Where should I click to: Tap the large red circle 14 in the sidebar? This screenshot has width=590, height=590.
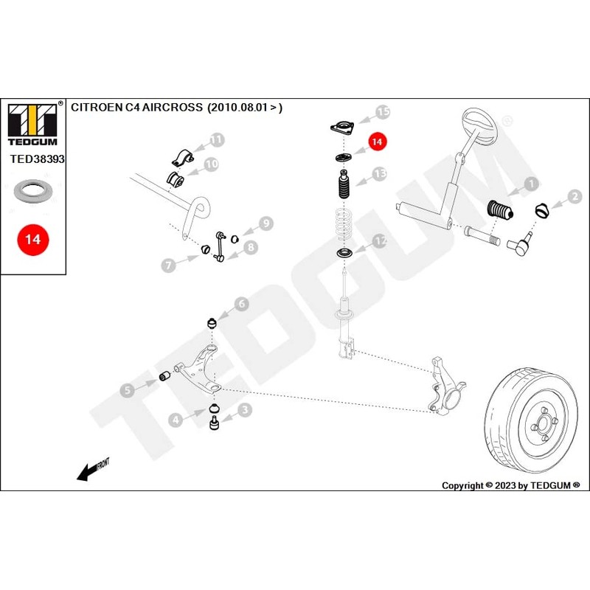pyautogui.click(x=32, y=240)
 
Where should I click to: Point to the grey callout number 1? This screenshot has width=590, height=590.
pyautogui.click(x=529, y=184)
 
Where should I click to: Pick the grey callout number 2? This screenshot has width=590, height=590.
pyautogui.click(x=574, y=197)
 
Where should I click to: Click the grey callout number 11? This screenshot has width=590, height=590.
pyautogui.click(x=215, y=139)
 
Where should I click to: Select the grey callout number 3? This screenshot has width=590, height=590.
pyautogui.click(x=244, y=408)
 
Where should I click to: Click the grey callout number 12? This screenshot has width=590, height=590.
pyautogui.click(x=378, y=240)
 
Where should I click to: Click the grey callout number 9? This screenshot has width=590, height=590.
pyautogui.click(x=265, y=223)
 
